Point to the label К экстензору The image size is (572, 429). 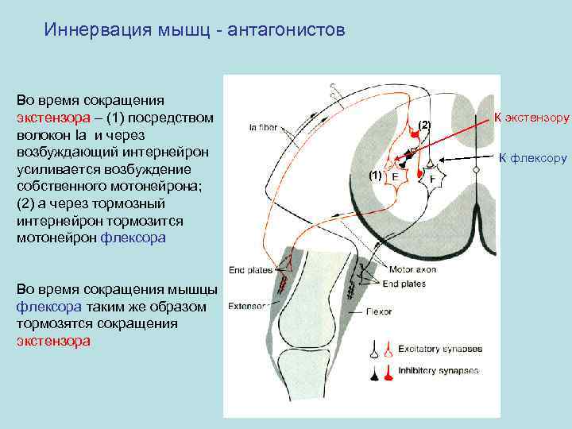pos(531,118)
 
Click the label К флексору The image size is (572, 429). pos(532,158)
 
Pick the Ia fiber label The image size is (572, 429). pos(264,126)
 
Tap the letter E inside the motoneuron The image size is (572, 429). pos(396,176)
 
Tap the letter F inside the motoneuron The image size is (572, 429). pos(432,179)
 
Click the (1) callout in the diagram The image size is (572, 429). pos(376,173)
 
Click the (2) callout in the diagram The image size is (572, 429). pos(424,126)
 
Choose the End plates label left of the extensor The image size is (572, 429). pos(249,270)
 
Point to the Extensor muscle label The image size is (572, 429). pos(249,306)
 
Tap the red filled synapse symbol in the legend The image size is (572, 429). pos(387,371)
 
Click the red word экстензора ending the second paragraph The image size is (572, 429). pos(53,341)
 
